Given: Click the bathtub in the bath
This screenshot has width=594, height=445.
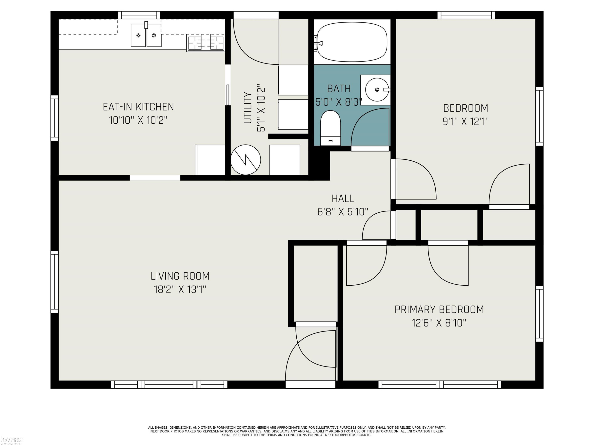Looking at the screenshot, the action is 352,42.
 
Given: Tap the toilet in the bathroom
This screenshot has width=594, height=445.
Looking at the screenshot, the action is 330,128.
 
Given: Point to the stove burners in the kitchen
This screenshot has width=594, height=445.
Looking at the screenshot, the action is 206,43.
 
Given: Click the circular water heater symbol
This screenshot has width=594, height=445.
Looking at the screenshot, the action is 246,160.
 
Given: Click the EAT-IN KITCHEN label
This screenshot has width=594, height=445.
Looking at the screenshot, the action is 138,107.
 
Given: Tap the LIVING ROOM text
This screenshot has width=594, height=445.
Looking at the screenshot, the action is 180,276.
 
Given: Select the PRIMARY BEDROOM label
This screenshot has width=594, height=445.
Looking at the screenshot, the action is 439,310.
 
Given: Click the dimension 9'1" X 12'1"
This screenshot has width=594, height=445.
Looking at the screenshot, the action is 465,121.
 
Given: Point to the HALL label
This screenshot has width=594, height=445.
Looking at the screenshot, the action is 343,199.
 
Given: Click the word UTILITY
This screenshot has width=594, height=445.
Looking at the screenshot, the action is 247,108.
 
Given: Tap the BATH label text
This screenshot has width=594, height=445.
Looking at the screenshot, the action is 339,89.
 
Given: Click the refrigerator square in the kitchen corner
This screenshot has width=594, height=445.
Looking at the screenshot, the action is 210,160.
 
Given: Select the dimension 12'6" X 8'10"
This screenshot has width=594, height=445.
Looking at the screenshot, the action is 439,323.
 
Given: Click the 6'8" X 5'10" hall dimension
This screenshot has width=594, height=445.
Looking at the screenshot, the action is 343,212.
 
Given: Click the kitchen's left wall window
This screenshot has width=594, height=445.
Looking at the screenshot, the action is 54,118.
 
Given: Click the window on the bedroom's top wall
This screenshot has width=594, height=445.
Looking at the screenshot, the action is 466,15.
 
